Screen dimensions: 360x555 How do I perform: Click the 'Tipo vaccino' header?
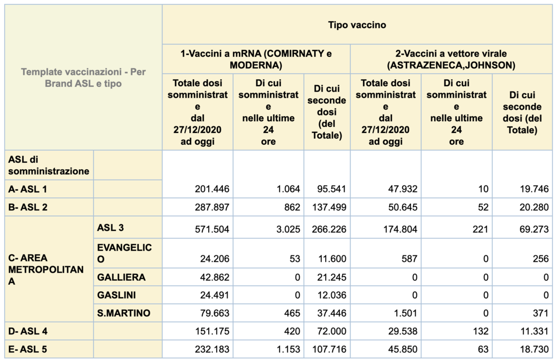(357, 25)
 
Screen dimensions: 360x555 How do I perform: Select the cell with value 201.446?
(212, 189)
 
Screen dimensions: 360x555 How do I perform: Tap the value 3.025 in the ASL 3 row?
(287, 229)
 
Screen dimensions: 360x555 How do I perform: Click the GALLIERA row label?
(121, 278)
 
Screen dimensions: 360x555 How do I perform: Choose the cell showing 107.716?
(329, 349)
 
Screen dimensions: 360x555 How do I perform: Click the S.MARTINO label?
(124, 313)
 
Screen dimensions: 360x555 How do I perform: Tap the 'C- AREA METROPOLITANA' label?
(46, 270)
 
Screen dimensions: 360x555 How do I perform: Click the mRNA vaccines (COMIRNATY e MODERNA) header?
(256, 59)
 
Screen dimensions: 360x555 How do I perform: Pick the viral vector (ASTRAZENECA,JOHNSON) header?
(451, 59)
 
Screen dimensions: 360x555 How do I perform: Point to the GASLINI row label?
(117, 295)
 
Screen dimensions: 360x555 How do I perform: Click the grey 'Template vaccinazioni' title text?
(83, 78)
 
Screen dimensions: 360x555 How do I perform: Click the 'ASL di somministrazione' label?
(48, 165)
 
